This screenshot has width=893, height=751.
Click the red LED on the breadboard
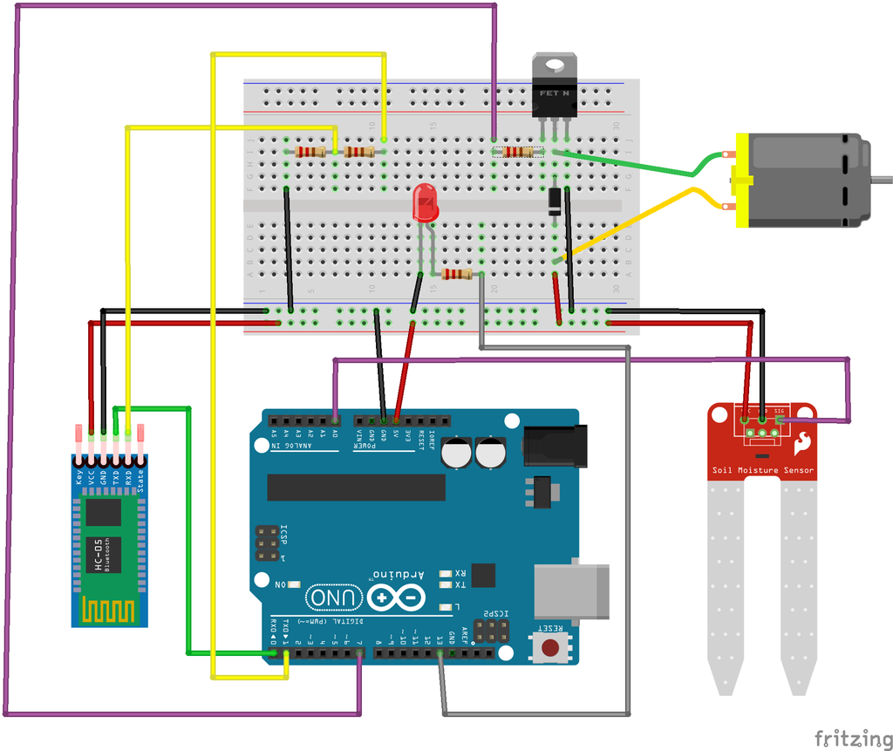pos(426,202)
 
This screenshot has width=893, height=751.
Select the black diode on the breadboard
pos(555,201)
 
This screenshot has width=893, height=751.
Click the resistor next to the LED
pos(457,274)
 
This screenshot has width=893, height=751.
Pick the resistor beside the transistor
pos(518,152)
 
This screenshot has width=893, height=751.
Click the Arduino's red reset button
pos(551,647)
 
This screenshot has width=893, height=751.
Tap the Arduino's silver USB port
pos(571,591)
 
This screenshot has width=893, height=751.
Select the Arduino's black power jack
pos(556,446)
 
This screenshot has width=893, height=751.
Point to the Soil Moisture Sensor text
pos(762,470)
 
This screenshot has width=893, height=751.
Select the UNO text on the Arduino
pos(334,597)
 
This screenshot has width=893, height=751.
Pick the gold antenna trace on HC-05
pos(109,610)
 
